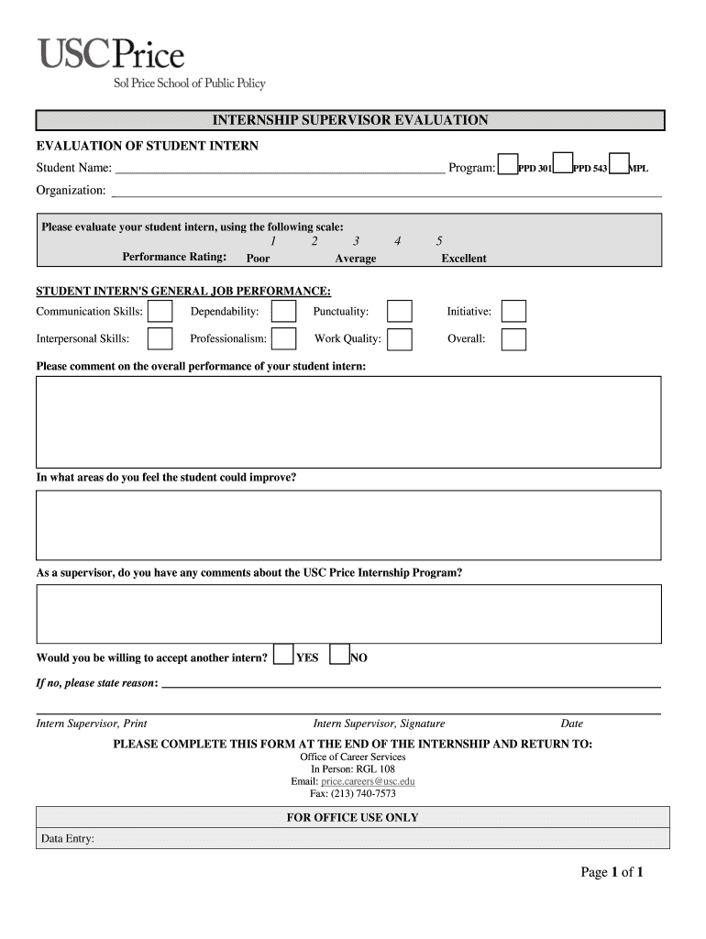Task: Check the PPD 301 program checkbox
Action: (507, 164)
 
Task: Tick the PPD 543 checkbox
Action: (563, 164)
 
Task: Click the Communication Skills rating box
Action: (160, 312)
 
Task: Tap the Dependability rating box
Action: (284, 312)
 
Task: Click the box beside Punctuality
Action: (399, 312)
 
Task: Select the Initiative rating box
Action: (513, 312)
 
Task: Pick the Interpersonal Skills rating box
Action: (160, 339)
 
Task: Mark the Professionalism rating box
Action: (284, 339)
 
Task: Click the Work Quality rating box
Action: (399, 339)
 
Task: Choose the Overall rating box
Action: (513, 339)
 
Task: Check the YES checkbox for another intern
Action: (284, 654)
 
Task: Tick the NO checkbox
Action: (339, 654)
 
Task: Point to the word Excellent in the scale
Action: (464, 259)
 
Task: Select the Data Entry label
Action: (68, 838)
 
